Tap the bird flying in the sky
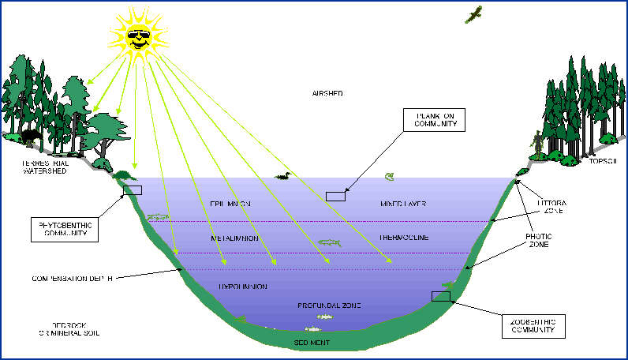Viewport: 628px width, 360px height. (474, 13)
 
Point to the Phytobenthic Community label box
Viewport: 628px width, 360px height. (62, 229)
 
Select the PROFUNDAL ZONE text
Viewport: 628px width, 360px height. (329, 305)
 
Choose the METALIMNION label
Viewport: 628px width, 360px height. (235, 238)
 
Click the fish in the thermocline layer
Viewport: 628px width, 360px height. (329, 242)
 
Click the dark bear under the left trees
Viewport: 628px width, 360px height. (31, 140)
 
